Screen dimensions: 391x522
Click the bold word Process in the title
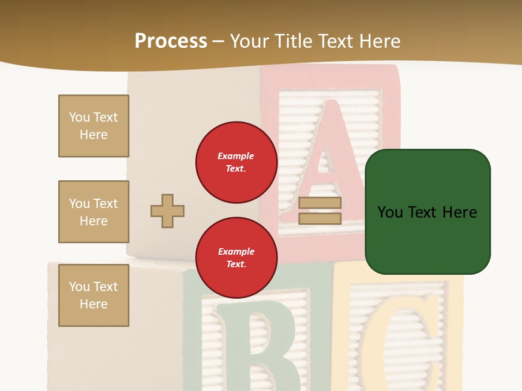click(x=171, y=41)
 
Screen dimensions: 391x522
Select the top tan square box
click(x=94, y=126)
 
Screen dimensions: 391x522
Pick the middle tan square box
click(x=94, y=212)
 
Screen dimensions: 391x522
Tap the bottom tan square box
click(x=94, y=295)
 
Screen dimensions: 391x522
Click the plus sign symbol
click(x=167, y=211)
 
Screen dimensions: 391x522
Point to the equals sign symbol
click(x=320, y=211)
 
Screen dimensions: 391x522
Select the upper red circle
click(x=237, y=162)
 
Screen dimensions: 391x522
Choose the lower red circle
click(x=237, y=258)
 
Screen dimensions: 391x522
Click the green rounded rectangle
click(x=427, y=212)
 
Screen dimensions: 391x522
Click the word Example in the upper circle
click(x=236, y=156)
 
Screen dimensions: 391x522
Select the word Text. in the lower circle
click(x=236, y=264)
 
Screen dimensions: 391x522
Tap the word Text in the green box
click(x=424, y=212)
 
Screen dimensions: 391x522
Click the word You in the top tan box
click(x=79, y=117)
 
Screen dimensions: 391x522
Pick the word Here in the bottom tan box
click(x=94, y=304)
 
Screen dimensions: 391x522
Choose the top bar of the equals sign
click(x=320, y=203)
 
